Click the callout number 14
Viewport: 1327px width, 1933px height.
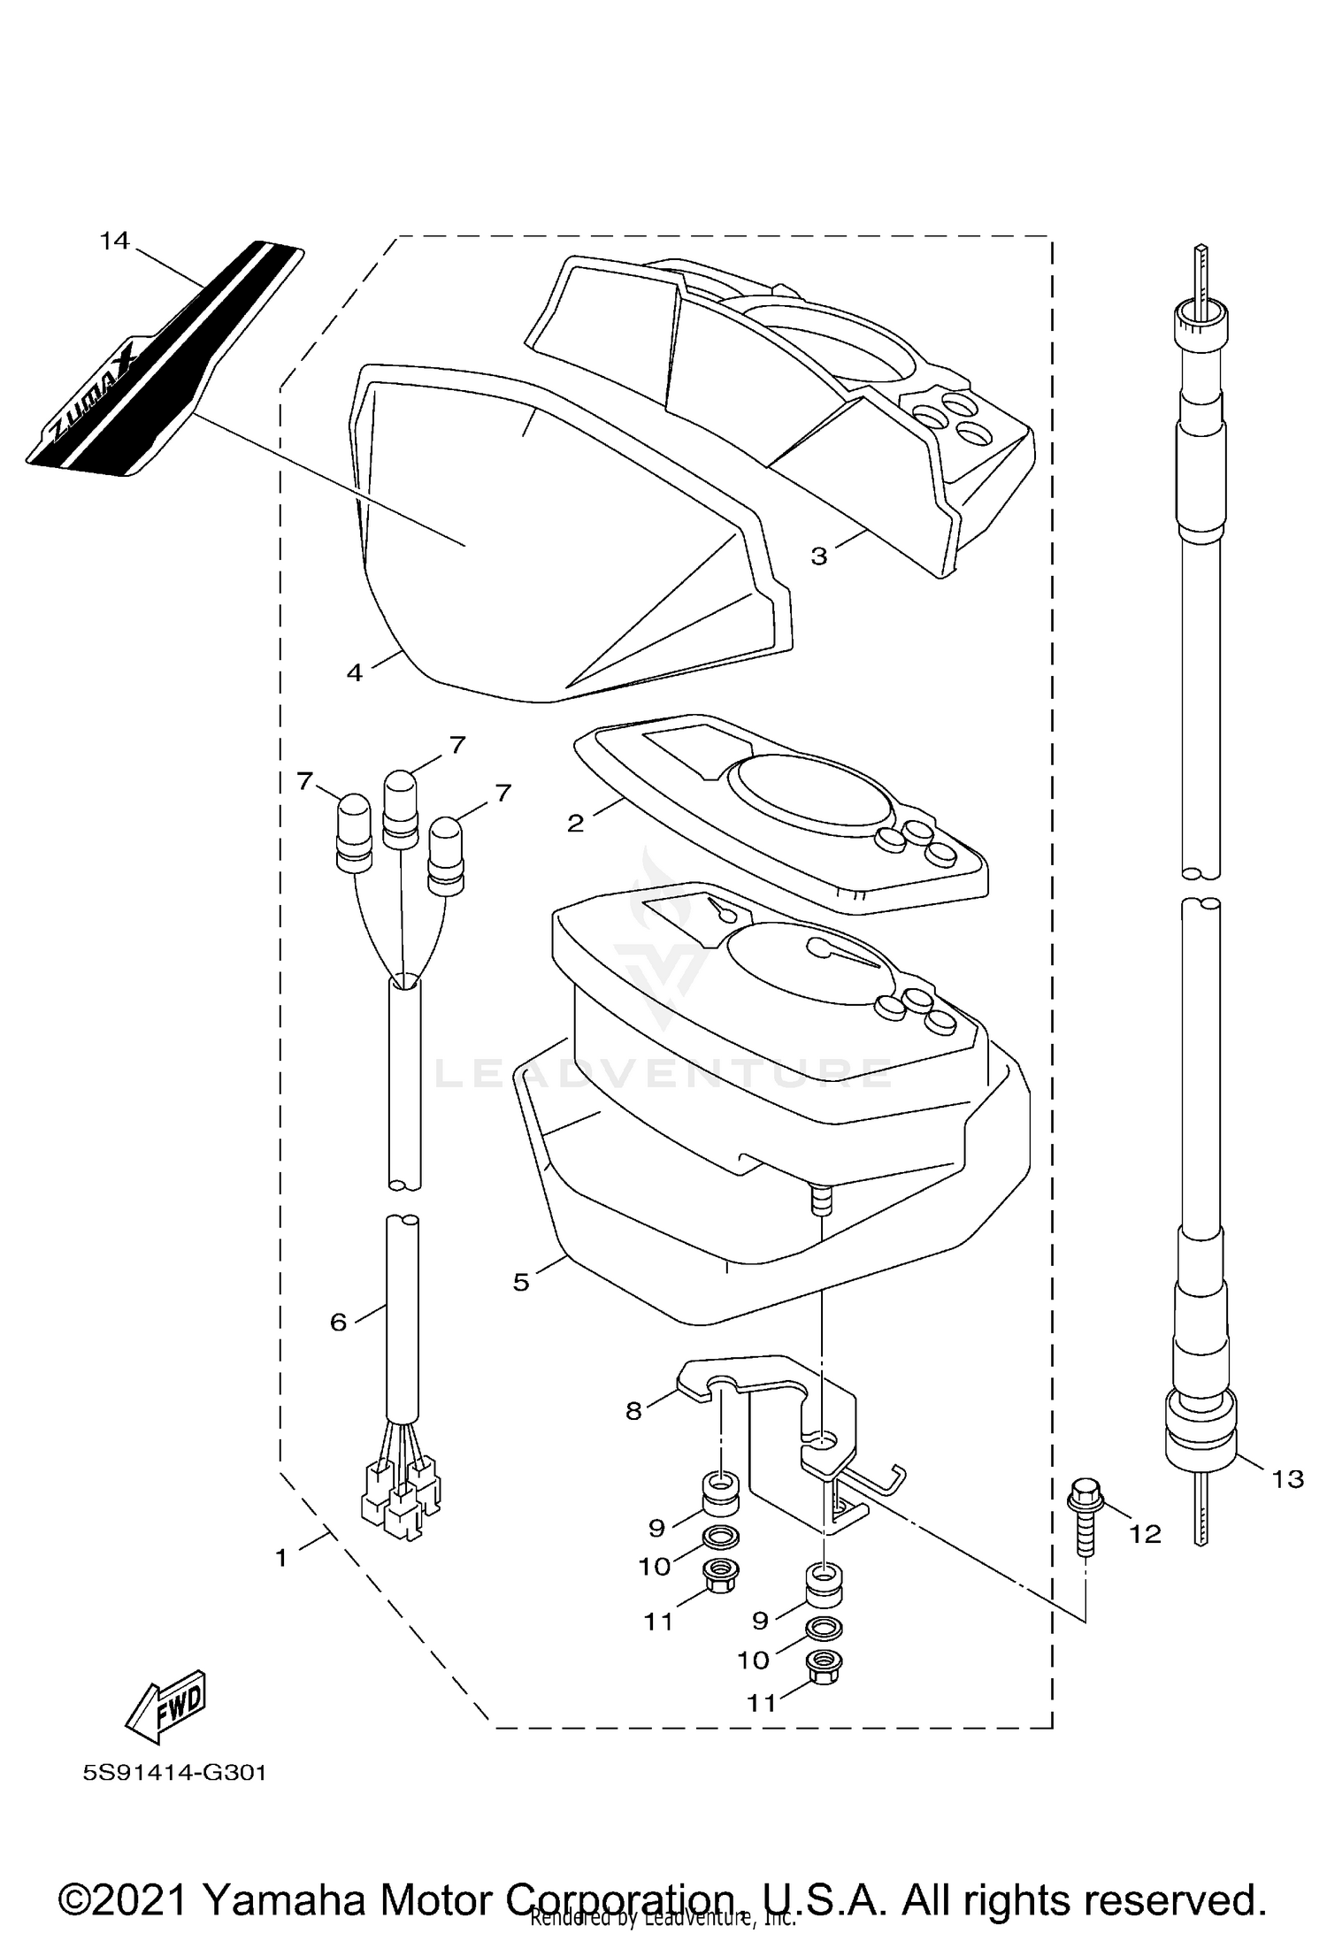tap(115, 241)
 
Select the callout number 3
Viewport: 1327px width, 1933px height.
tap(819, 556)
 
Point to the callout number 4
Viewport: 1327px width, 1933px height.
tap(355, 673)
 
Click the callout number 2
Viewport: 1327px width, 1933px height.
tap(575, 824)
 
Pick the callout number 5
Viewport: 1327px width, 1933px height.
tap(521, 1282)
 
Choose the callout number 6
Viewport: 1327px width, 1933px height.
tap(338, 1347)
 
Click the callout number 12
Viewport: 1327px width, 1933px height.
tap(1146, 1534)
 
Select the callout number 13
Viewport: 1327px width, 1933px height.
tap(1289, 1478)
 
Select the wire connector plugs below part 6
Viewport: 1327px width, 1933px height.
tap(400, 1500)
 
